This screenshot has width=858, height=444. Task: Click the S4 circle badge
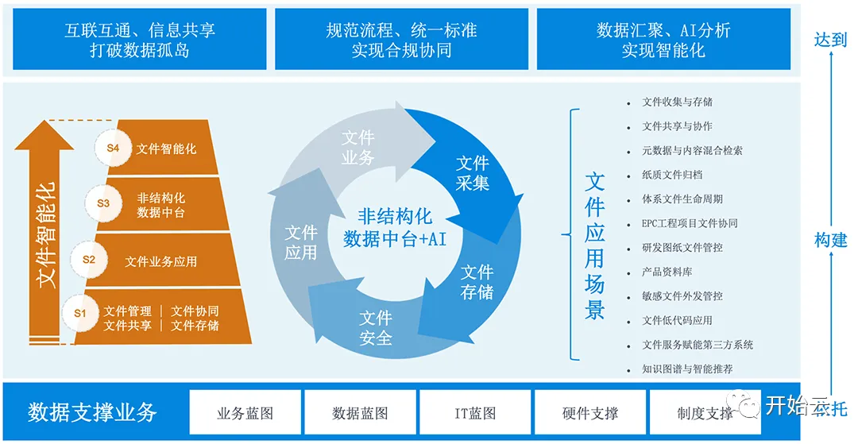(x=113, y=148)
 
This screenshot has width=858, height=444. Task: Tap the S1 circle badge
(x=80, y=313)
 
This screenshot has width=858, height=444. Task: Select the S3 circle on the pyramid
(x=103, y=203)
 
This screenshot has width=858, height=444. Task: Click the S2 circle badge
(x=89, y=259)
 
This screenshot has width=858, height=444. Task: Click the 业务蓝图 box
(x=245, y=413)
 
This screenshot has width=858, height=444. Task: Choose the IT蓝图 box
(x=475, y=413)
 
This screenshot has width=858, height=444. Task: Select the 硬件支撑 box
(x=589, y=413)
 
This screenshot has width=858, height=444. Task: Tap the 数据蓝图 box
(x=360, y=413)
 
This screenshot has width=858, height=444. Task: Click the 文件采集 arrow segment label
(x=473, y=173)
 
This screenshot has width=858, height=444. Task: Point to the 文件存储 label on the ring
(x=477, y=282)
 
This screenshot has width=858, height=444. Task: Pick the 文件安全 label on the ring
(x=376, y=328)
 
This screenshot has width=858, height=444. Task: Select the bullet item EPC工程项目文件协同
(x=690, y=223)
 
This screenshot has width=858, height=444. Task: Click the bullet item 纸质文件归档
(x=672, y=175)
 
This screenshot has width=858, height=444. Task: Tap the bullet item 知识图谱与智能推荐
(x=687, y=369)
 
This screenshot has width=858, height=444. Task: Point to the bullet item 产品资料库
(x=667, y=272)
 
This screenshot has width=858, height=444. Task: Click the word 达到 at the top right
(x=830, y=40)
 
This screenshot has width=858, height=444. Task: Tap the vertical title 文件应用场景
(x=594, y=246)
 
